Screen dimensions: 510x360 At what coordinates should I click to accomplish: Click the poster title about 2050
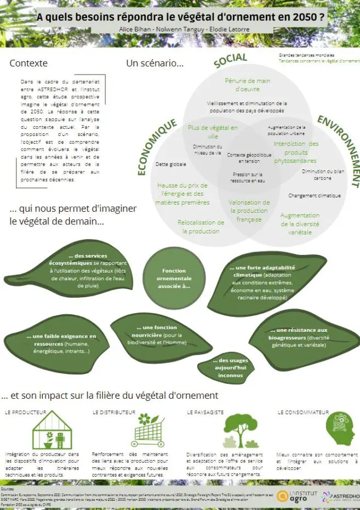[180, 17]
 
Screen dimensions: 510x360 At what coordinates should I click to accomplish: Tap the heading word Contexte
[28, 64]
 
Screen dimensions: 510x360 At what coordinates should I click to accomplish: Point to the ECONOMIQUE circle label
[156, 147]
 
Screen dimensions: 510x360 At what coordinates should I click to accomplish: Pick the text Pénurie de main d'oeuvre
[248, 84]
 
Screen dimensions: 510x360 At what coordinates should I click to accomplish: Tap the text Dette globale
[171, 164]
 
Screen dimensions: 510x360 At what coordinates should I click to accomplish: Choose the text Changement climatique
[315, 195]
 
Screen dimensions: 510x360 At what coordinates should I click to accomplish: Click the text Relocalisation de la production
[201, 226]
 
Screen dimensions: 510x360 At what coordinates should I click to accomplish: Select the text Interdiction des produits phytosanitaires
[296, 152]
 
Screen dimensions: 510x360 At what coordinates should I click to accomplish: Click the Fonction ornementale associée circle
[174, 278]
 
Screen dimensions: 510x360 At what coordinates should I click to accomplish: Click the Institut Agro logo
[296, 496]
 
